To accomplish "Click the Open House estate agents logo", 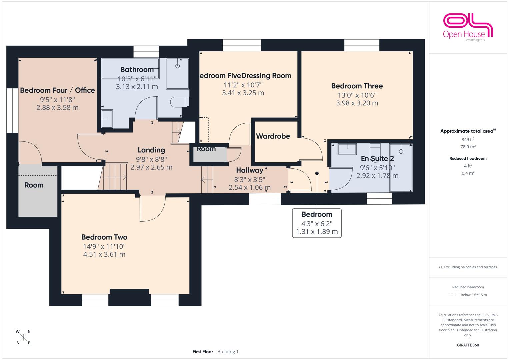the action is point(468,27).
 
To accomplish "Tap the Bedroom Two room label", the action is point(104,237).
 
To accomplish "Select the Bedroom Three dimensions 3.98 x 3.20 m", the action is point(357,103).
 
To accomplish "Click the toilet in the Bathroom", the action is point(180,102).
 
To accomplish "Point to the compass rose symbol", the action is point(23,337).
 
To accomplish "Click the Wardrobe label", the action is point(273,136).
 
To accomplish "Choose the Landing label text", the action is point(151,150).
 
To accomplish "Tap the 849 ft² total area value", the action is point(468,139).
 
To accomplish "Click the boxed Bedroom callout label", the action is point(317,223).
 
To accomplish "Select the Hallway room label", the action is point(250,170).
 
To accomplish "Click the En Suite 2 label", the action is point(377,158).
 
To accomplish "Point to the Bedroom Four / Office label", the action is point(57,90).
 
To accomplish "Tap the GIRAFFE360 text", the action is point(468,345).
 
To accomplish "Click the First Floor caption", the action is point(203,352).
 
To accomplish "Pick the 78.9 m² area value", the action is point(468,147).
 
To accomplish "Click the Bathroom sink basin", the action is point(107,119).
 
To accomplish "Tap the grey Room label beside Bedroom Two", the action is point(34,185).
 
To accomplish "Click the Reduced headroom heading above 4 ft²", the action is point(468,158).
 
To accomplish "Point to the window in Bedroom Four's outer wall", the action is point(12,110).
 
